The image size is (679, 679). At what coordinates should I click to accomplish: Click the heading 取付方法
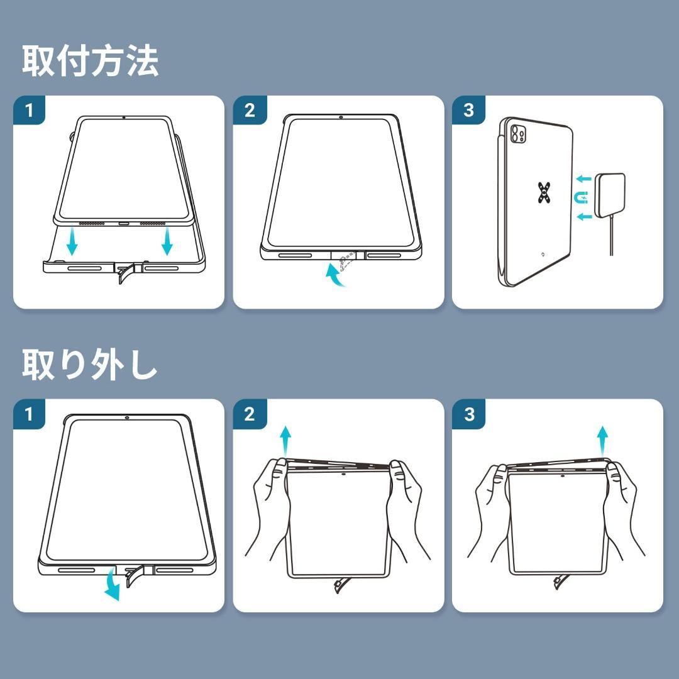tap(90, 62)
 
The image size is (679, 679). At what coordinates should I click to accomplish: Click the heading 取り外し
tap(89, 365)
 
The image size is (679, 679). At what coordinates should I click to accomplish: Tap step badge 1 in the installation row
tap(29, 111)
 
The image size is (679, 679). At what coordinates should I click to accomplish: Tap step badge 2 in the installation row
tap(250, 111)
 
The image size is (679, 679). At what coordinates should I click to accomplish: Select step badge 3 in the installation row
tap(468, 111)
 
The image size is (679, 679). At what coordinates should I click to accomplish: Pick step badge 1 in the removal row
tap(29, 414)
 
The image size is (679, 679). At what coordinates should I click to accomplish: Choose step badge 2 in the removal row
tap(250, 414)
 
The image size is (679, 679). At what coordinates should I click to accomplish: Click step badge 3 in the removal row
tap(469, 414)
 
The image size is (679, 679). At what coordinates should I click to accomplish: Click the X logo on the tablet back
tap(544, 193)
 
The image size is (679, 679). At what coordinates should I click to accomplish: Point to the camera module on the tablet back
tap(518, 134)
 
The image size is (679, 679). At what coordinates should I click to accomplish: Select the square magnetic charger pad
tap(610, 196)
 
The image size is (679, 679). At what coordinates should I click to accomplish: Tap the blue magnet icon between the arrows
tap(581, 198)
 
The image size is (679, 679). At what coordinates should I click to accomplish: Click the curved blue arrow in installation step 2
tap(336, 275)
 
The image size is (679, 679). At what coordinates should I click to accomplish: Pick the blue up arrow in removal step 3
tap(602, 441)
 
